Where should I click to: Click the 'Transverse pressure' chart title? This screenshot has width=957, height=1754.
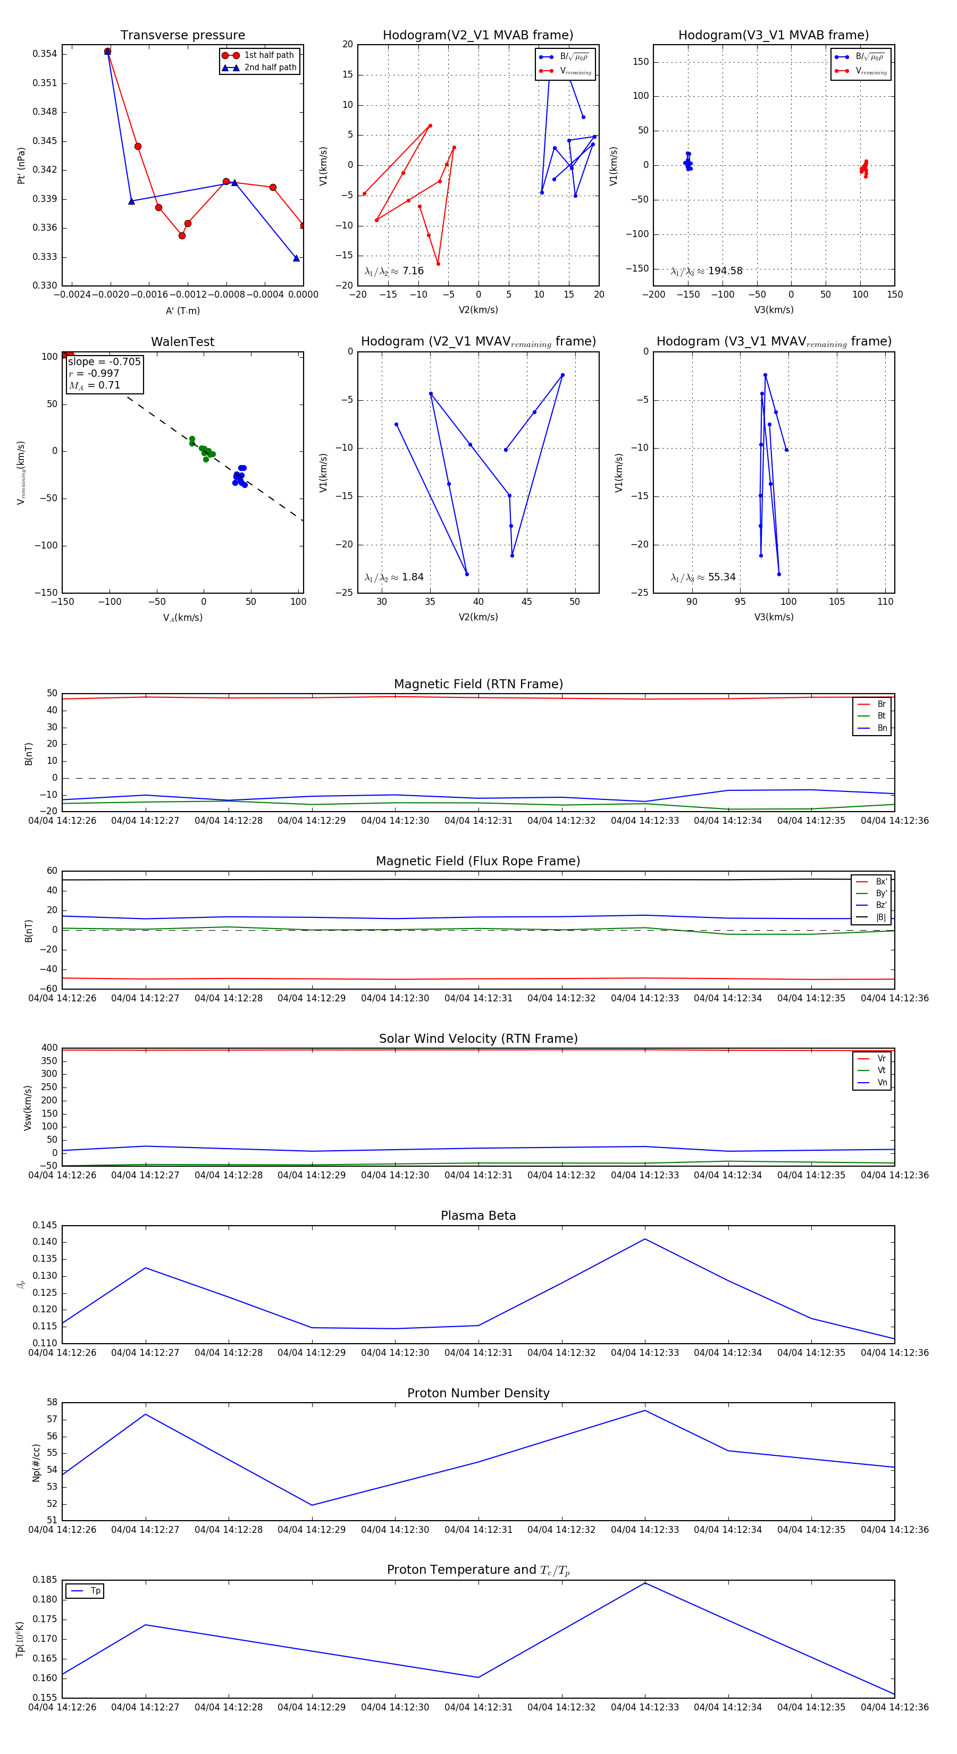pos(182,36)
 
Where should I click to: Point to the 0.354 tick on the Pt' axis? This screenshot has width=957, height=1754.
pos(45,54)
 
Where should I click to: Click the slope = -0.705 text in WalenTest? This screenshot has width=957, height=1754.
pos(104,361)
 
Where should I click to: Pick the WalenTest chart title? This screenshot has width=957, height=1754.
pos(182,342)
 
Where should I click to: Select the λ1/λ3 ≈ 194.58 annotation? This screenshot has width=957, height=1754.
pos(707,271)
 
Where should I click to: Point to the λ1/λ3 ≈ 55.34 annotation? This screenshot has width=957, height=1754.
pos(703,577)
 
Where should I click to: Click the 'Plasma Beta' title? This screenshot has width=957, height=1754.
pos(478,1216)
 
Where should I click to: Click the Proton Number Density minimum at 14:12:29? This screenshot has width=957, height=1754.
pos(312,1505)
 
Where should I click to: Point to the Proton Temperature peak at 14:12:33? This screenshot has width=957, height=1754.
pos(645,1583)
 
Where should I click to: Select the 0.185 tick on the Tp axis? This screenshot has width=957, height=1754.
pos(45,1580)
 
